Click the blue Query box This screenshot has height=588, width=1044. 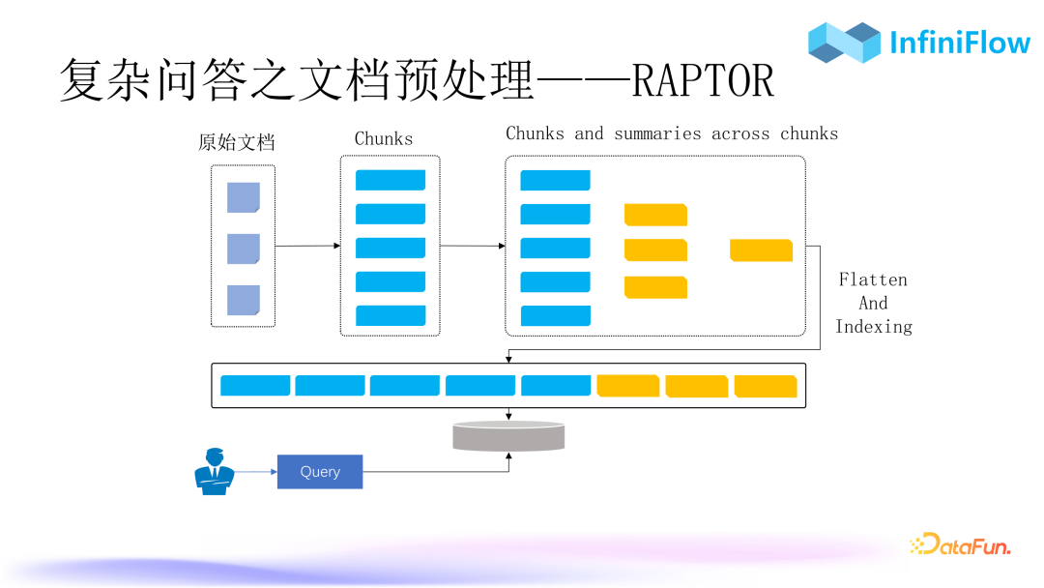click(x=320, y=472)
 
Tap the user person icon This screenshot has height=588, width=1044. click(x=214, y=472)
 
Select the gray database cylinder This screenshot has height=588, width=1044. click(x=508, y=436)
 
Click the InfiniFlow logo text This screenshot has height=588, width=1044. click(x=959, y=43)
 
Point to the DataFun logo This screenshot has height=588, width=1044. click(x=960, y=545)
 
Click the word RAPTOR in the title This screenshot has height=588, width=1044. click(x=703, y=81)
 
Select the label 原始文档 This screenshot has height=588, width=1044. click(x=237, y=142)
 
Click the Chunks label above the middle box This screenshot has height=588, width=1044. click(x=384, y=139)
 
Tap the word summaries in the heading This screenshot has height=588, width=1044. click(x=657, y=133)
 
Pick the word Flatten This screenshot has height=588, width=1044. click(x=873, y=280)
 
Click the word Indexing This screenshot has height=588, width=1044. click(x=874, y=327)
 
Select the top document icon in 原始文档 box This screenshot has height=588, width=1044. click(x=244, y=197)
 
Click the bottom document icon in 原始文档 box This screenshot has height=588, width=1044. click(x=244, y=300)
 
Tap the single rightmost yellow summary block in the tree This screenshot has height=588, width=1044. click(x=761, y=250)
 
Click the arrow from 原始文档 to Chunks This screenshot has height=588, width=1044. click(x=307, y=247)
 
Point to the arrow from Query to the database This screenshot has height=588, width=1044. click(x=435, y=472)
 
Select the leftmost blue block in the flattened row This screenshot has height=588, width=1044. click(x=255, y=385)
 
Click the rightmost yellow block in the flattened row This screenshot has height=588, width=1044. click(x=766, y=386)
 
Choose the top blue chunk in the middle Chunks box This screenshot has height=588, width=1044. click(x=391, y=180)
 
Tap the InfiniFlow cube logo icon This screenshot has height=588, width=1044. click(x=844, y=43)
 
